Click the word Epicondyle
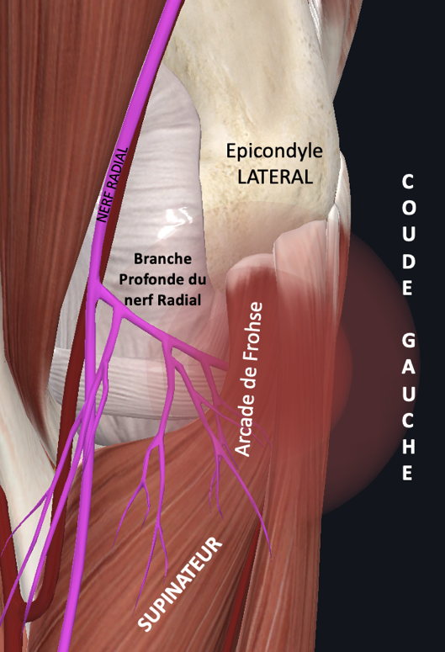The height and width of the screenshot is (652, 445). [274, 151]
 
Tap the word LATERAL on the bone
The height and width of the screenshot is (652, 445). [275, 177]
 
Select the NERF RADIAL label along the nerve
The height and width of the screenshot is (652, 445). [111, 185]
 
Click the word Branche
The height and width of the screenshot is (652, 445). [162, 258]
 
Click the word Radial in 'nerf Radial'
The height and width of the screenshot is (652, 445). [182, 299]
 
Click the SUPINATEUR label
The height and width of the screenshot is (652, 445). [179, 584]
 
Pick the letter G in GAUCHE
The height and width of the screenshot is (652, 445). [408, 341]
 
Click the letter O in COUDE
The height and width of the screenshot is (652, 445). [408, 208]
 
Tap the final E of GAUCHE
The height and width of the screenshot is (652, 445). [408, 473]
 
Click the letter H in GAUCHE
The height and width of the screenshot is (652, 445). [408, 447]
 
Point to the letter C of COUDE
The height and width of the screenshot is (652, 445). [408, 182]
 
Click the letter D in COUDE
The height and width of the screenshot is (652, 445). [408, 261]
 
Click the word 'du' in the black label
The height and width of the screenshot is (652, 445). [198, 279]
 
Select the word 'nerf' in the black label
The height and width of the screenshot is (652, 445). [142, 299]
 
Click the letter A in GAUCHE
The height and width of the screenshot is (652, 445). [408, 367]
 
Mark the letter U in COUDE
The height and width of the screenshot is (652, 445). [408, 234]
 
